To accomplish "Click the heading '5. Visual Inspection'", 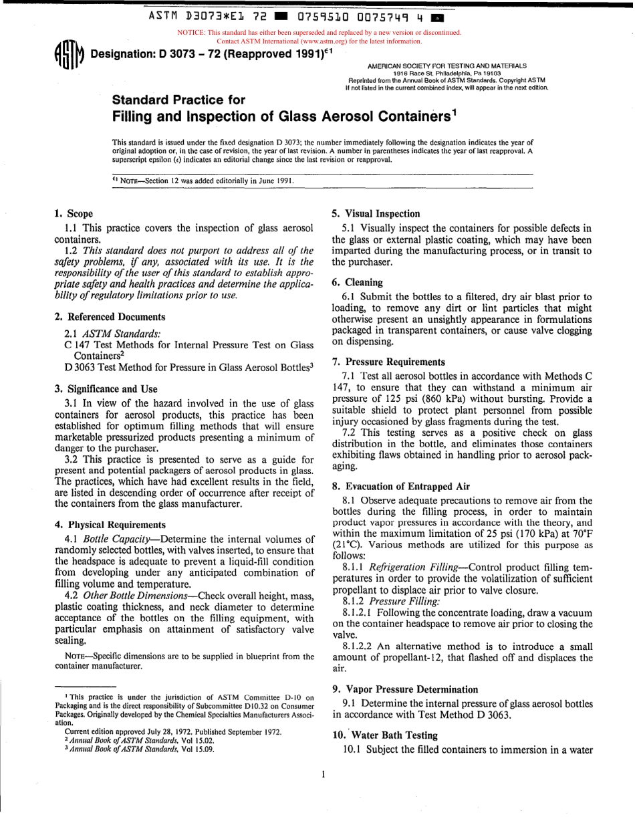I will coord(376,214).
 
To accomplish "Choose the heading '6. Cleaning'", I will coord(357,283).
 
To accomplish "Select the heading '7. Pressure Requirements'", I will coord(388,362).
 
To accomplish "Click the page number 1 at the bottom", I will coord(323,775).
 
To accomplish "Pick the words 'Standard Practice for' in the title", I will coord(178,100).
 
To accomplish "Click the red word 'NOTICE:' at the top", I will coord(190,32).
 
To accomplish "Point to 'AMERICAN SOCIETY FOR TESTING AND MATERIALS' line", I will coord(447,66).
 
